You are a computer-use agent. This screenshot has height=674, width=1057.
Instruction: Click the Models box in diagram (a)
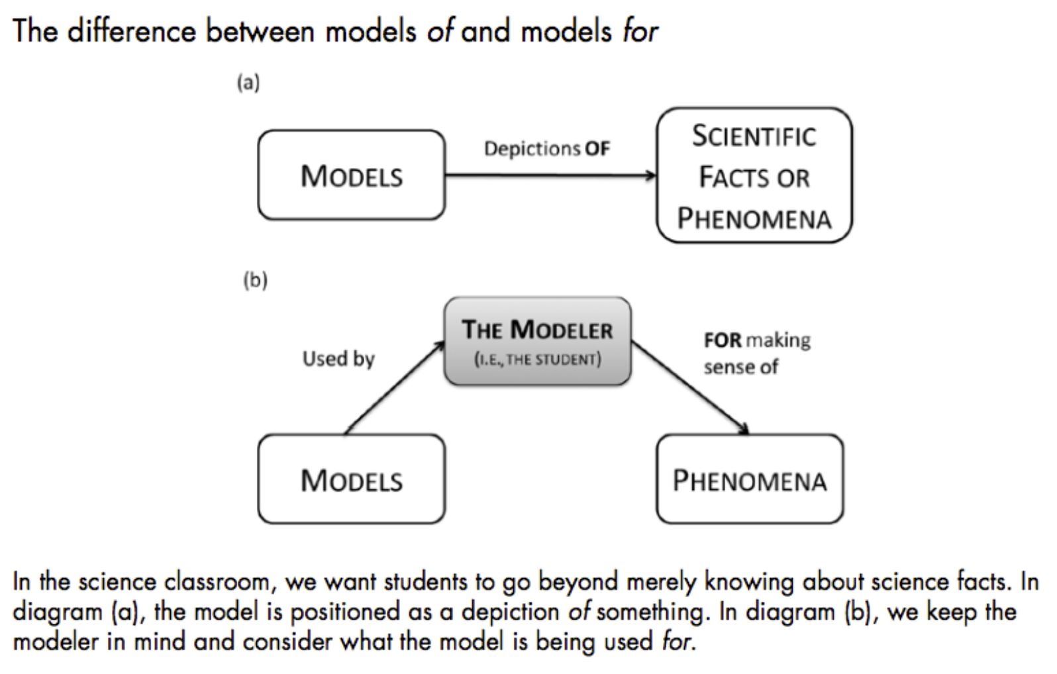pos(351,175)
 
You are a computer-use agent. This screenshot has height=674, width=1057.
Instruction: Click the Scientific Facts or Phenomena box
pos(754,176)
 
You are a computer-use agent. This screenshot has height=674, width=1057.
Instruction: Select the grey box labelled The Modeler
pos(537,341)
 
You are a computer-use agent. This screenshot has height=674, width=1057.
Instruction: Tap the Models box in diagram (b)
pos(351,479)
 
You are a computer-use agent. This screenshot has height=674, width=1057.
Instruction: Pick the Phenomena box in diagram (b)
pos(750,479)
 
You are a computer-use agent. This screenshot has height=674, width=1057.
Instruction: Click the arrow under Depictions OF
pos(550,175)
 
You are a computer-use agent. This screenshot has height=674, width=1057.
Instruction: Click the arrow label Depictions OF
pos(546,148)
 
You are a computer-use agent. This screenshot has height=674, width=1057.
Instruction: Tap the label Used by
pos(338,359)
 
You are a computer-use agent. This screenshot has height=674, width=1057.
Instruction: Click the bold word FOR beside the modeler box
pos(723,340)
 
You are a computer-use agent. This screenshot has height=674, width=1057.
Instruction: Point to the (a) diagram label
pos(248,83)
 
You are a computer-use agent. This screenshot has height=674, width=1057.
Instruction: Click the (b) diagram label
pos(255,280)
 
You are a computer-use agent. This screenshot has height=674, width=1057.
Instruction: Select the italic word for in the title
pos(640,31)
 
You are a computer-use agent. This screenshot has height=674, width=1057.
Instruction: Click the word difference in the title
pos(132,31)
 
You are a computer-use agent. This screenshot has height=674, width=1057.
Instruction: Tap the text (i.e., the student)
pos(537,360)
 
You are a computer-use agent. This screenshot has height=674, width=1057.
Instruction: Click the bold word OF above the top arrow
pos(597,148)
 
